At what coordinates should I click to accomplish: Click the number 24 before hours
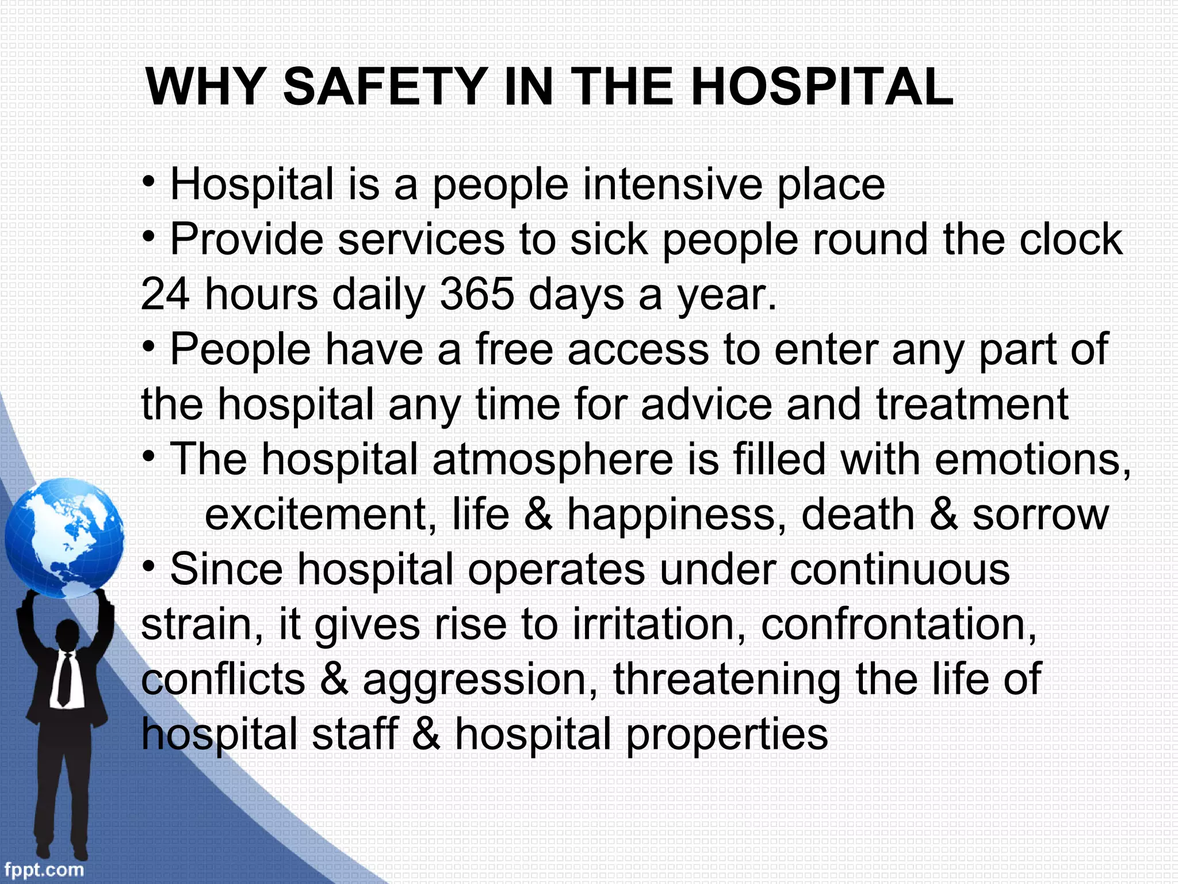point(166,295)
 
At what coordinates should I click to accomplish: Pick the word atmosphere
point(552,460)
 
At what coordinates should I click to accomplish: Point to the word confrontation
point(898,625)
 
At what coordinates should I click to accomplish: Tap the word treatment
point(972,405)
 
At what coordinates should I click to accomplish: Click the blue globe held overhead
point(64,538)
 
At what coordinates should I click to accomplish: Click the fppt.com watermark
point(44,869)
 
